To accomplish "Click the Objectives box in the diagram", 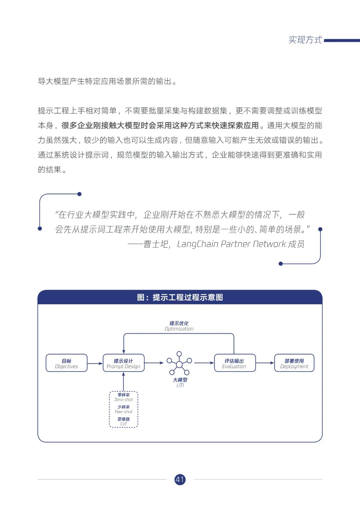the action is pyautogui.click(x=66, y=363).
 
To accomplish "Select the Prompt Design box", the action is pyautogui.click(x=123, y=363).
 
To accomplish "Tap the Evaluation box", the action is pyautogui.click(x=234, y=363).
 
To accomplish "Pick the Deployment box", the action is pyautogui.click(x=294, y=363).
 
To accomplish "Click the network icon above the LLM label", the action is pyautogui.click(x=179, y=363).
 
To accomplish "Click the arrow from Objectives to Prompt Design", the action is pyautogui.click(x=95, y=363).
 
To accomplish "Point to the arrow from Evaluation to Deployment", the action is pyautogui.click(x=265, y=363).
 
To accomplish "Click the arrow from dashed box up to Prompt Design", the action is pyautogui.click(x=124, y=381).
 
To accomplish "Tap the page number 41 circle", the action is pyautogui.click(x=180, y=480).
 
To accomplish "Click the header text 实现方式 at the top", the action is pyautogui.click(x=305, y=40).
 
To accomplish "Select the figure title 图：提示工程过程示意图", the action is pyautogui.click(x=180, y=297).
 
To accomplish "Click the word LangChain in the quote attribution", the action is pyautogui.click(x=197, y=244).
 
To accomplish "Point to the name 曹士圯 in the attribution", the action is pyautogui.click(x=156, y=244).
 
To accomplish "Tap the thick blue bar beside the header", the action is pyautogui.click(x=342, y=41).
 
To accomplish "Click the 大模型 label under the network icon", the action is pyautogui.click(x=180, y=380).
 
